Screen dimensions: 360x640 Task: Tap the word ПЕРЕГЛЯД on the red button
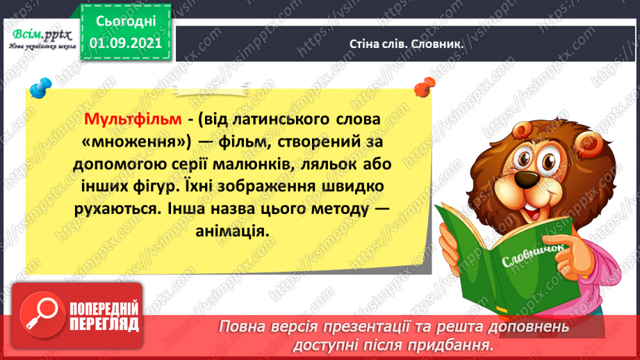point(105,324)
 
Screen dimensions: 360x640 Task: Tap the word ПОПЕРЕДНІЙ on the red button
point(105,309)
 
